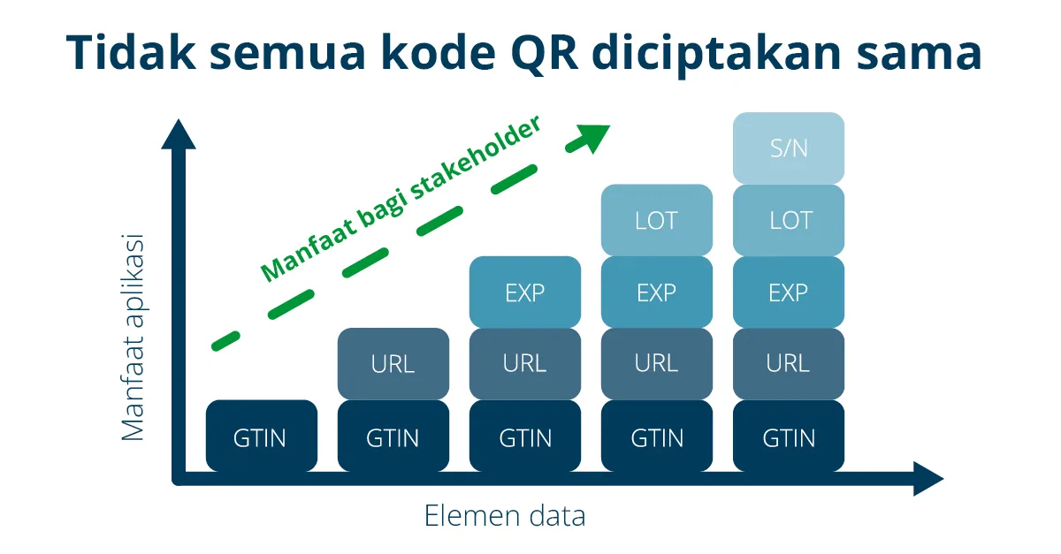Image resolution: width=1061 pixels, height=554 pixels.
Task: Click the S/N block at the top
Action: [789, 148]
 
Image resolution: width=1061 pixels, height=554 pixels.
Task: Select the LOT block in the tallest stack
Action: [789, 220]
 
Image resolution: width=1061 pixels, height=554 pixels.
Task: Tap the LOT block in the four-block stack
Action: [656, 220]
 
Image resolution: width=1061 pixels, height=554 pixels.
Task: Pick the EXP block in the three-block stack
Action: [524, 292]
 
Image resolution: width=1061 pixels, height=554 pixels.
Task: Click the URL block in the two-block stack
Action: [393, 364]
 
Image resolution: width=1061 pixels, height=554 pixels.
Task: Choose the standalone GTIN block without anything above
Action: [261, 436]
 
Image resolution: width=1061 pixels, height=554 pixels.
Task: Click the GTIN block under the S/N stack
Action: [789, 436]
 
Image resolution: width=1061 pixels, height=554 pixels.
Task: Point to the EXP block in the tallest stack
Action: [789, 292]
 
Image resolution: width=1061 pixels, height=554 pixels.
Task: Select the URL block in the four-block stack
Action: [656, 364]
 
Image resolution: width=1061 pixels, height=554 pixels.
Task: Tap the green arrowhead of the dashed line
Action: [593, 136]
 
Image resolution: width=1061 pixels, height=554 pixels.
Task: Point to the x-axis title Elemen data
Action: [505, 515]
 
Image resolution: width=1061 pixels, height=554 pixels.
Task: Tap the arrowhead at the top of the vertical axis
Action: [179, 134]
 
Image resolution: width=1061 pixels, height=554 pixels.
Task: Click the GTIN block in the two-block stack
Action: [393, 436]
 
